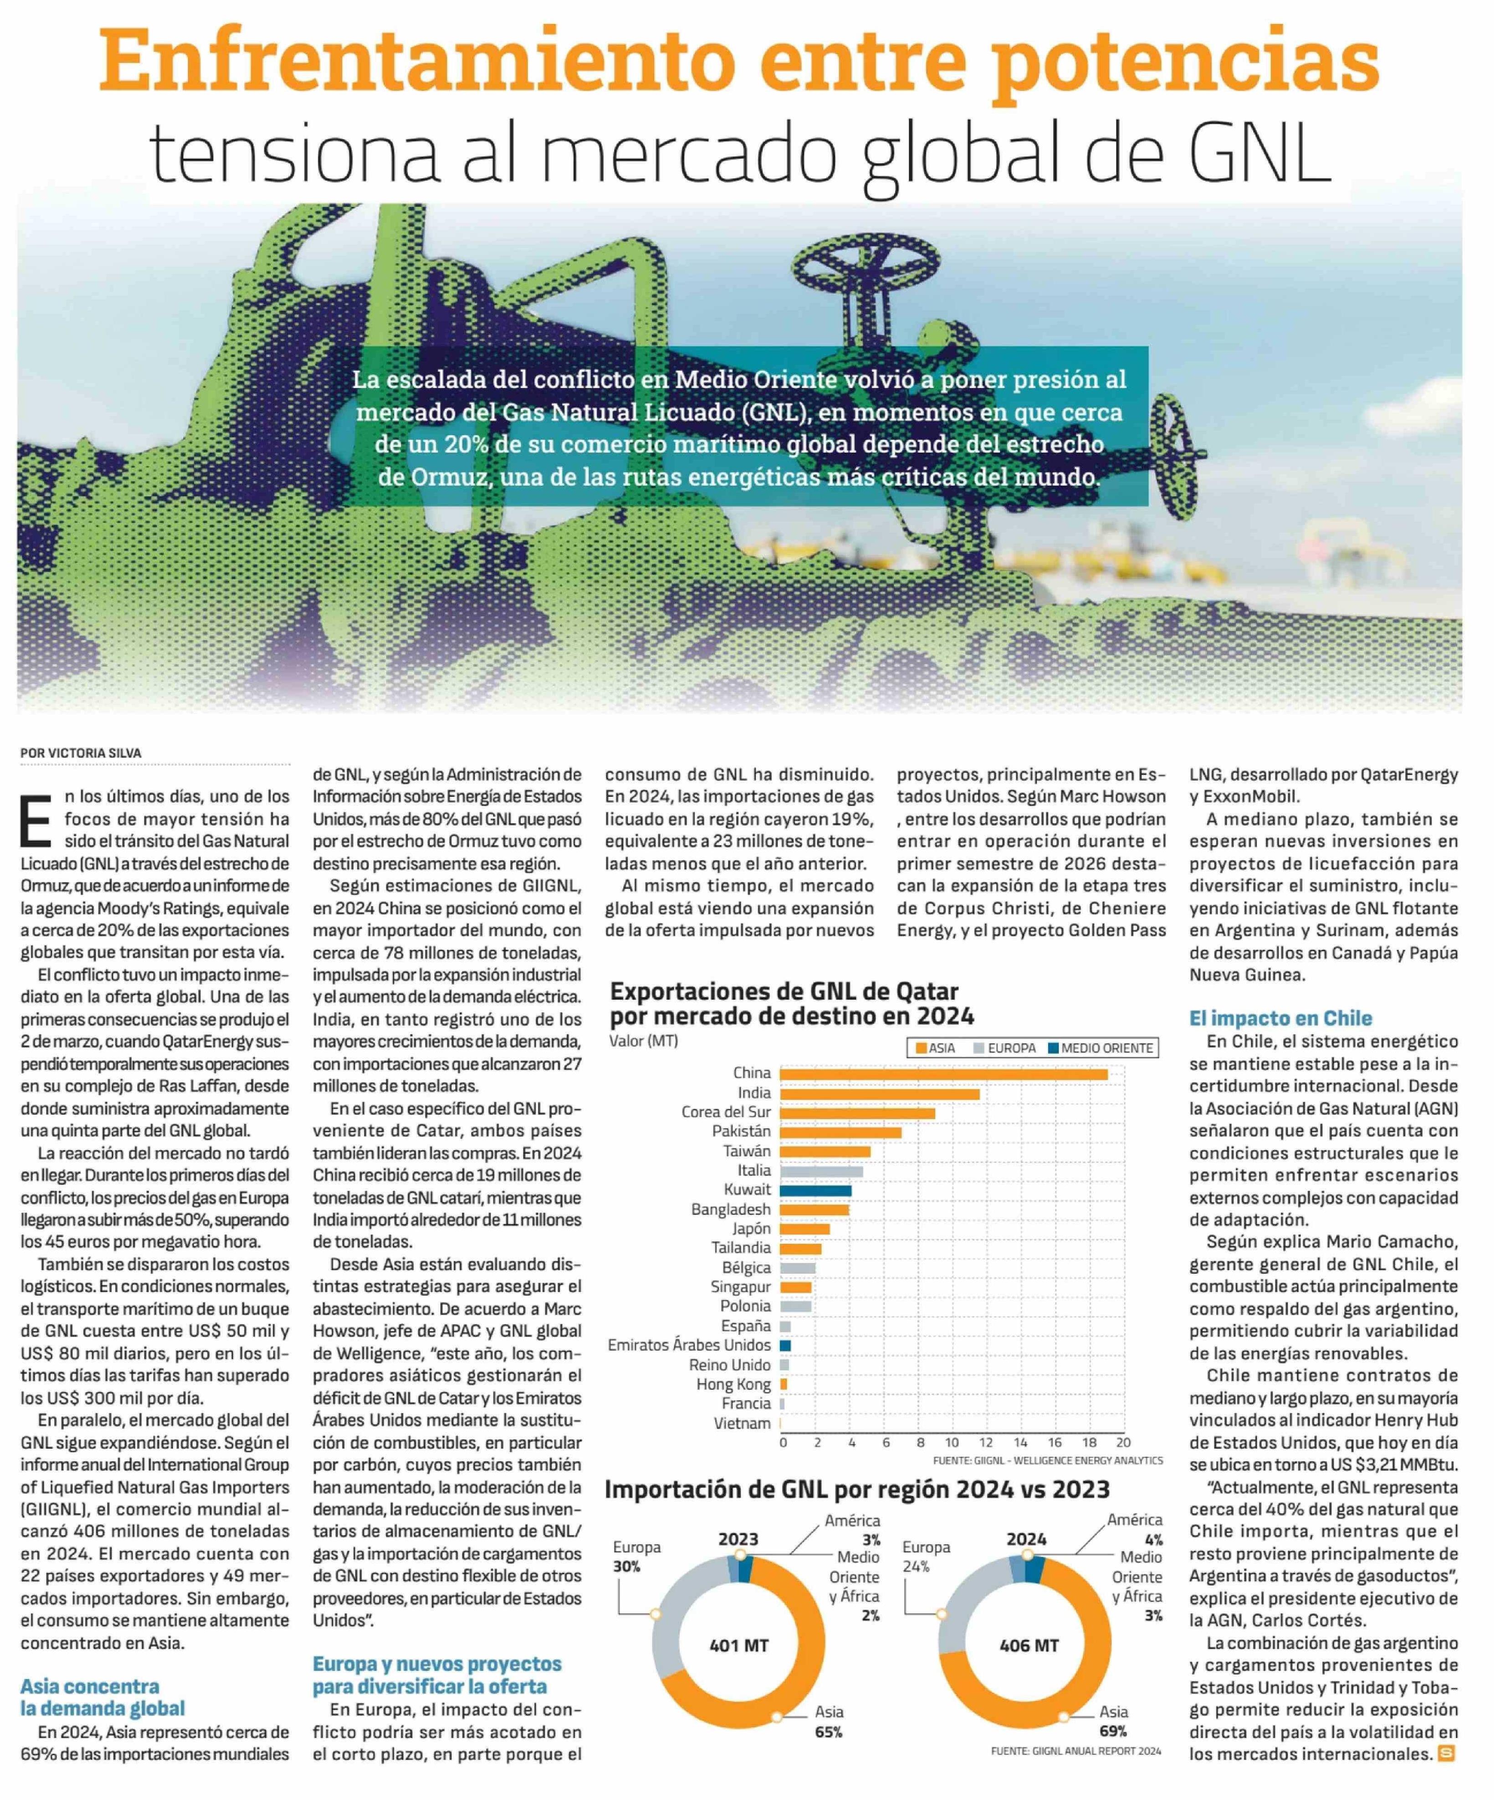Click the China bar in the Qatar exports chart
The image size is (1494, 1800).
click(x=943, y=1074)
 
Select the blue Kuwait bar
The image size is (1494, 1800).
click(x=815, y=1191)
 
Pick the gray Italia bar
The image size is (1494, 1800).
click(x=821, y=1171)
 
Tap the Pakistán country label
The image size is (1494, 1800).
click(x=742, y=1131)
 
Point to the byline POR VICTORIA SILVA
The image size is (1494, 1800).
click(x=82, y=752)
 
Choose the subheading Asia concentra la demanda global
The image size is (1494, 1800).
click(x=103, y=1697)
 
